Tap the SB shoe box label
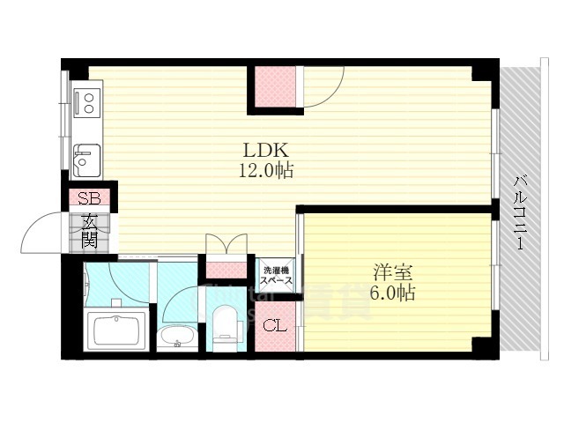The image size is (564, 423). point(88,198)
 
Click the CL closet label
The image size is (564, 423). point(275,327)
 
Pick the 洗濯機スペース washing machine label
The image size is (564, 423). point(275,273)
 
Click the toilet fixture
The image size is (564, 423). point(226,327)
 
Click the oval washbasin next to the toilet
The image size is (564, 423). point(179,338)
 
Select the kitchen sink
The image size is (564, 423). point(86,160)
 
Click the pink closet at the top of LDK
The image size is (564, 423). point(275,88)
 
